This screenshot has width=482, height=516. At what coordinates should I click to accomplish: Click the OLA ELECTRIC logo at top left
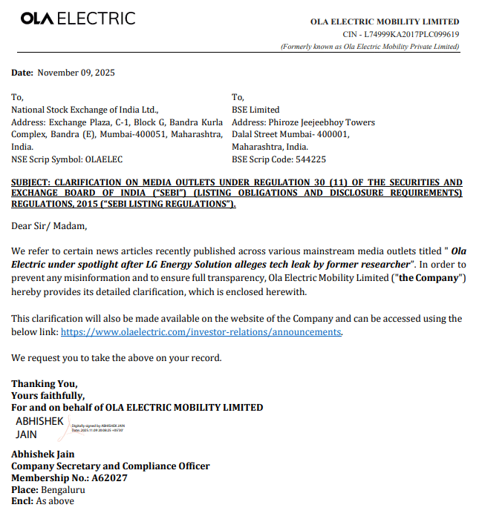coord(78,19)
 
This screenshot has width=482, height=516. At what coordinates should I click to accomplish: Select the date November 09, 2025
coord(76,73)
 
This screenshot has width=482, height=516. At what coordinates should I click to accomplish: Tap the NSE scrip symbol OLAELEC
coord(104,159)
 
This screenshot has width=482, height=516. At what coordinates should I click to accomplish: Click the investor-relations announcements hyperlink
coord(201,332)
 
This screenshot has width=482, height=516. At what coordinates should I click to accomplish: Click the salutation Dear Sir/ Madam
coord(49,226)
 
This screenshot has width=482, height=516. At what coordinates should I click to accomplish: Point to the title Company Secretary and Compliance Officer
coord(110,466)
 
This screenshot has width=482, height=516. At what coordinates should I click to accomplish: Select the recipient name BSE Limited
coord(255,110)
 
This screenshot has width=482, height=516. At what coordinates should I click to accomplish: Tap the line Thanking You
coord(44,383)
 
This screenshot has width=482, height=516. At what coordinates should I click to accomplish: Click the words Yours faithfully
coord(48,395)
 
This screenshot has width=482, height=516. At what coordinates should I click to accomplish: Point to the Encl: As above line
coord(42,502)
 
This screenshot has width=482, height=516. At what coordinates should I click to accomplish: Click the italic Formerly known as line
coord(370,47)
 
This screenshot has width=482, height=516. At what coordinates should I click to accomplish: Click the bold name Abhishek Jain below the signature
coord(42,454)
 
